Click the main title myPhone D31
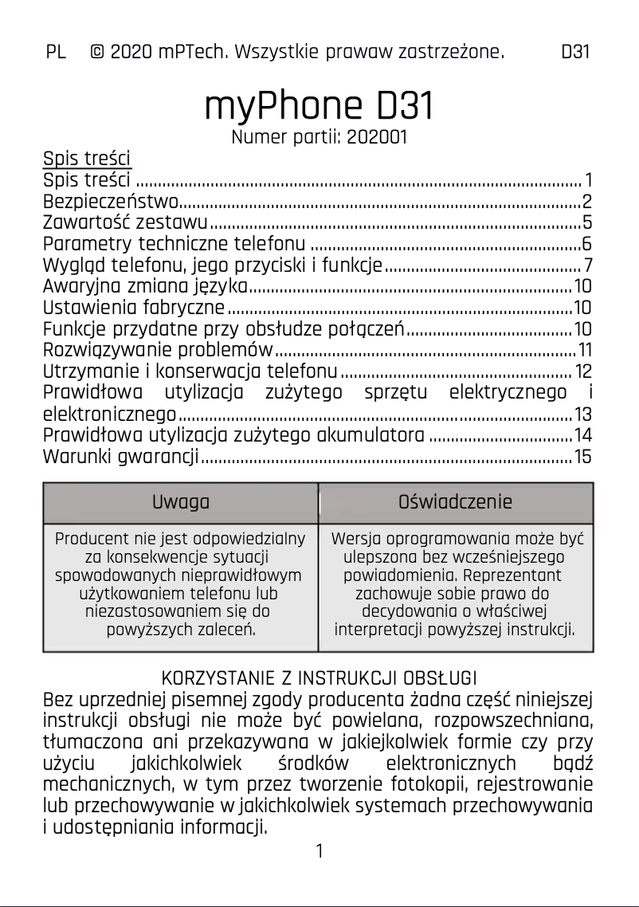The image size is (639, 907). click(x=319, y=105)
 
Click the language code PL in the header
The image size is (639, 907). click(x=55, y=53)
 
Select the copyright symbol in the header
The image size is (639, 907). click(x=97, y=53)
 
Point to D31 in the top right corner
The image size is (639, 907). click(x=574, y=53)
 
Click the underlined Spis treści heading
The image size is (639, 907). click(x=86, y=158)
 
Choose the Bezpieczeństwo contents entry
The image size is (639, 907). click(x=111, y=200)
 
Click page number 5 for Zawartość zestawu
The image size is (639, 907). click(x=586, y=222)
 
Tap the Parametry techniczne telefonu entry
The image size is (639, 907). click(x=174, y=243)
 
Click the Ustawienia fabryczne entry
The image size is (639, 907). click(x=134, y=307)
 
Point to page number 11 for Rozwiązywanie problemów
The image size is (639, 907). click(x=585, y=350)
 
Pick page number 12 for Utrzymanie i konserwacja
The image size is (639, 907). click(x=583, y=371)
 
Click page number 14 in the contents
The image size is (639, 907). click(x=583, y=435)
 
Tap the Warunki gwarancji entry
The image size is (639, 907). click(x=120, y=457)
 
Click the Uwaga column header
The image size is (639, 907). click(x=180, y=502)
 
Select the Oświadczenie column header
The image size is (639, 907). click(x=455, y=502)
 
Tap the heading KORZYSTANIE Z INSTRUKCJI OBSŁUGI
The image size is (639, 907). click(x=319, y=679)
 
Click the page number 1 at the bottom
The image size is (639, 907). click(x=319, y=851)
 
